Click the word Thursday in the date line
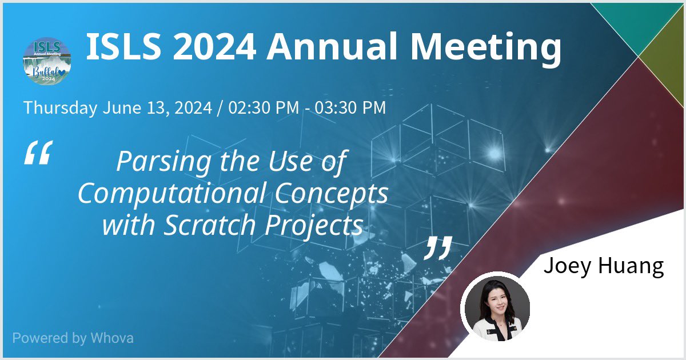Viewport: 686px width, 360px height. point(60,107)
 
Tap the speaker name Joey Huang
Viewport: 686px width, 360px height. point(603,266)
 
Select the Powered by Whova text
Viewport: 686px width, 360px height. point(73,338)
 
